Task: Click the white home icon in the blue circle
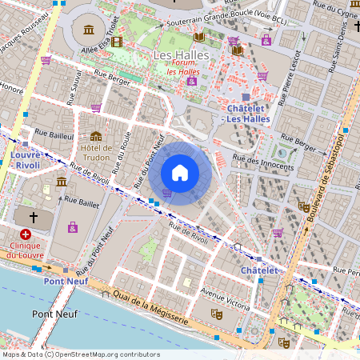click(x=180, y=173)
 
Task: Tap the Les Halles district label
click(x=181, y=54)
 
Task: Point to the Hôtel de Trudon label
click(x=95, y=152)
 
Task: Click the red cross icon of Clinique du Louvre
click(x=26, y=234)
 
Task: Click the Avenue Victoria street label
click(x=226, y=298)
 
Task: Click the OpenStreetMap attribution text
click(x=80, y=354)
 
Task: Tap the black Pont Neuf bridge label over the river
click(x=54, y=314)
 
